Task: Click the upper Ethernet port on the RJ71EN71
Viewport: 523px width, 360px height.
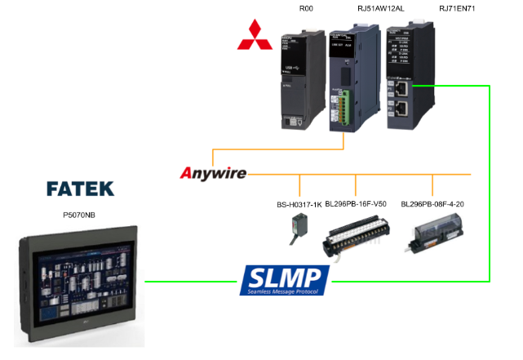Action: (x=401, y=87)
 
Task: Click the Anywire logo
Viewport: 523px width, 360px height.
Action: (x=212, y=172)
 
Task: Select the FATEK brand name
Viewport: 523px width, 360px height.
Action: (x=80, y=189)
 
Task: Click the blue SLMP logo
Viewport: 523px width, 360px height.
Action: (x=285, y=281)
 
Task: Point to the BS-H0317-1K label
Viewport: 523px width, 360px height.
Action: (x=299, y=204)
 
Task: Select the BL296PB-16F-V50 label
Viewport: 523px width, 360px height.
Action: (x=357, y=204)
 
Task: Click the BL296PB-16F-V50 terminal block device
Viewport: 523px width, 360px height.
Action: (x=356, y=236)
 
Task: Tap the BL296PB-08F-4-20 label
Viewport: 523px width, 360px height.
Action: (x=433, y=204)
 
